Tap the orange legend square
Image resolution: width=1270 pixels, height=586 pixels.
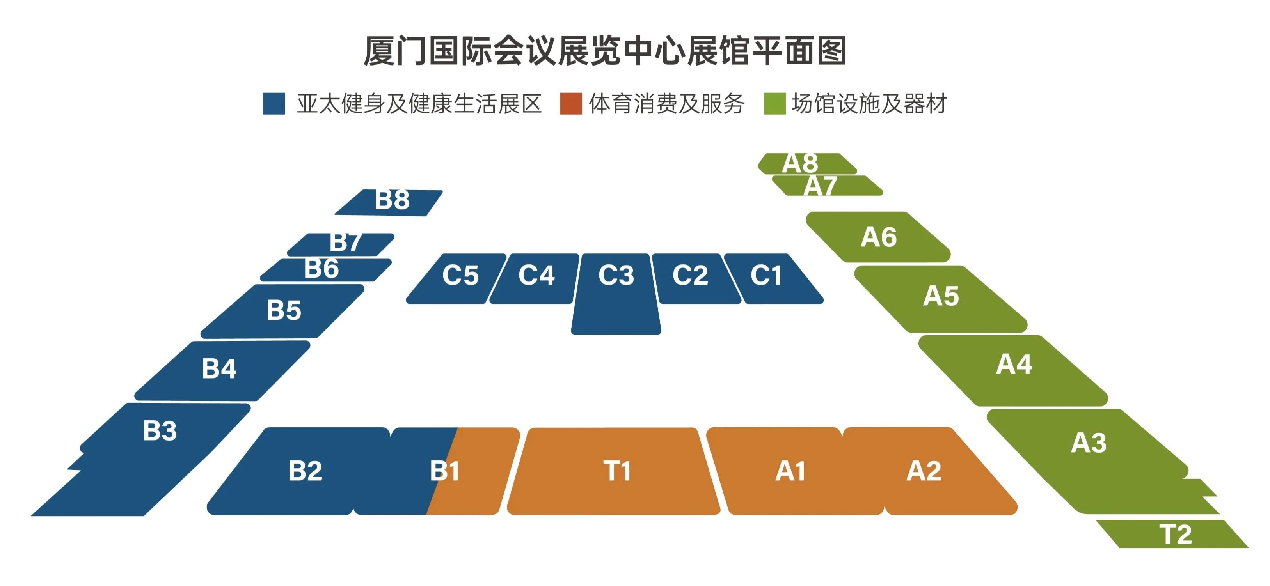(571, 103)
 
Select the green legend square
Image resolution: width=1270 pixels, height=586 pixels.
(774, 103)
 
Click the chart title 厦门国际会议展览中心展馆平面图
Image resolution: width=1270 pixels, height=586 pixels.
(605, 51)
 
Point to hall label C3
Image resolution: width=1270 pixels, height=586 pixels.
(616, 275)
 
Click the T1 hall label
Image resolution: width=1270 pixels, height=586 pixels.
(617, 471)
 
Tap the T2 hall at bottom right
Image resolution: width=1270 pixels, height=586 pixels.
(1172, 534)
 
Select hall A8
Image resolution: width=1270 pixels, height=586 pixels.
(807, 163)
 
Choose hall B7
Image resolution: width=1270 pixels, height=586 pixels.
(341, 244)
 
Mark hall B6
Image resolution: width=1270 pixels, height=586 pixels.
(326, 270)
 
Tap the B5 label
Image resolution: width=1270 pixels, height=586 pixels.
(284, 310)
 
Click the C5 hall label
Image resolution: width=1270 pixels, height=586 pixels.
(460, 275)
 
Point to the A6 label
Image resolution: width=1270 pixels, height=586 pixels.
(879, 237)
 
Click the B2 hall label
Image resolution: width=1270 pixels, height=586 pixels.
(305, 471)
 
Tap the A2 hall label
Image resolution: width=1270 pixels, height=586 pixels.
(924, 471)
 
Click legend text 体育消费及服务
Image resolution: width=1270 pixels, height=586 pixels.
(666, 103)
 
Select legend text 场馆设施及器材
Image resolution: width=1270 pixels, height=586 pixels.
(869, 103)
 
